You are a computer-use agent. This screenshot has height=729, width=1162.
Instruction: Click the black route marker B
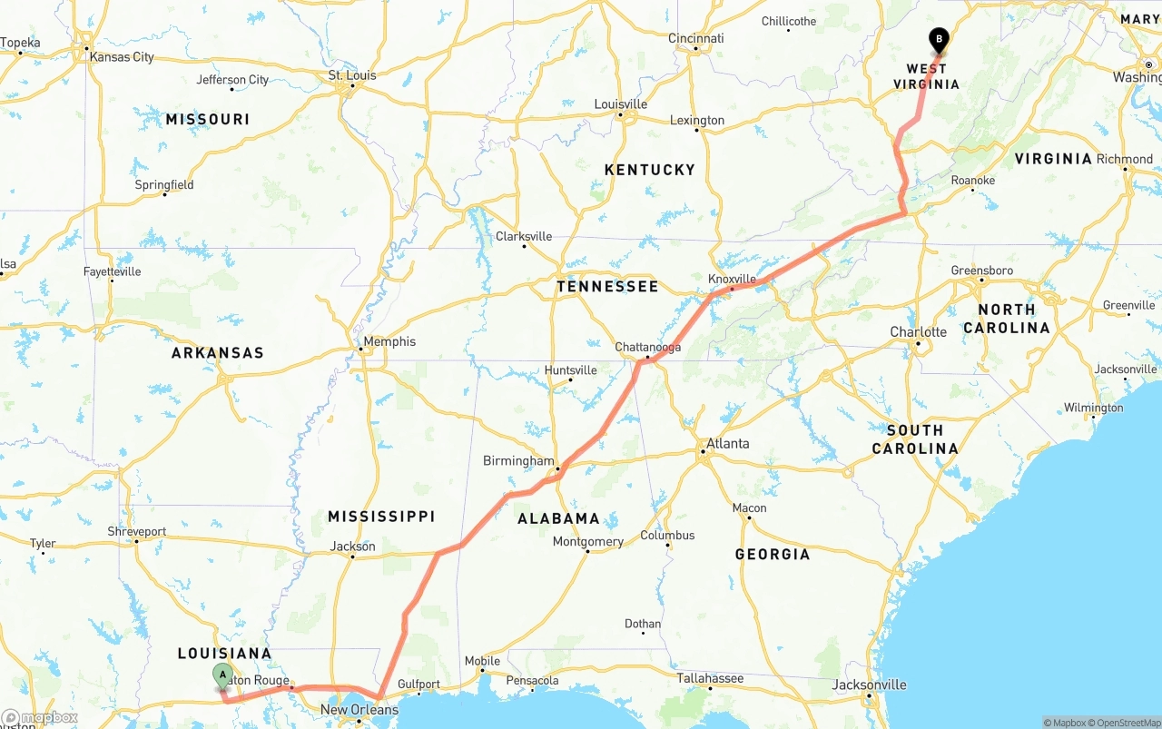(939, 41)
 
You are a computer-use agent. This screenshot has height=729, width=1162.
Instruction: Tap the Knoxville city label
(732, 279)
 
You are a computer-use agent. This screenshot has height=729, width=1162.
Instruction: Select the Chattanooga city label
(647, 348)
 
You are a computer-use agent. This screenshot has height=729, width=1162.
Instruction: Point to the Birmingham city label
(517, 461)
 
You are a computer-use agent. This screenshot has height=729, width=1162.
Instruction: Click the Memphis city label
(390, 341)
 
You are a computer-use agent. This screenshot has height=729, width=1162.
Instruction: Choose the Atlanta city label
(728, 444)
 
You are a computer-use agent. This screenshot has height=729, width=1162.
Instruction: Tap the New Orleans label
(359, 710)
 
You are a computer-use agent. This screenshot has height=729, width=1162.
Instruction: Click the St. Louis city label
(352, 75)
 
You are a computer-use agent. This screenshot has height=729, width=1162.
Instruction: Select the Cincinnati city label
(696, 38)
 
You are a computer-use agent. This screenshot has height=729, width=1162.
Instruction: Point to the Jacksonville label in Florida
(870, 685)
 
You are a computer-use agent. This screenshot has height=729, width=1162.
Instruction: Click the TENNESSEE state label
(607, 287)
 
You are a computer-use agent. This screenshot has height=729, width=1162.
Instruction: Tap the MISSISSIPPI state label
(381, 517)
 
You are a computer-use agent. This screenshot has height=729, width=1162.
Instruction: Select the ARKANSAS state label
(218, 353)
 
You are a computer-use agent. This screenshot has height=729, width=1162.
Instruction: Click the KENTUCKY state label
(649, 170)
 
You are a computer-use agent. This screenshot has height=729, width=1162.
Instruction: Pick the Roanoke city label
(973, 181)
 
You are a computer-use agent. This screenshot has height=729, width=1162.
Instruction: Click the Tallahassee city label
(710, 678)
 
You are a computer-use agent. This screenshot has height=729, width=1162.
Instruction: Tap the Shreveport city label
(137, 531)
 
